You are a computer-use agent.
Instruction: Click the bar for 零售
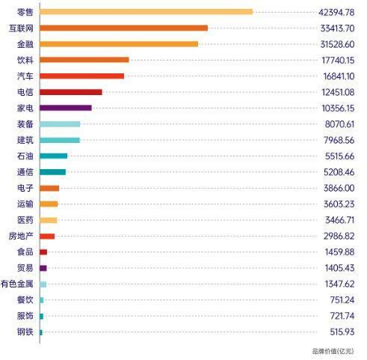(x=147, y=12)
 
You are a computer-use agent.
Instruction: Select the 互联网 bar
(x=124, y=28)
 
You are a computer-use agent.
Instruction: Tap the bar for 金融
(x=119, y=44)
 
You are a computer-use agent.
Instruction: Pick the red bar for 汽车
(x=82, y=76)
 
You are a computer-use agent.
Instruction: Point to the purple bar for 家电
(x=66, y=108)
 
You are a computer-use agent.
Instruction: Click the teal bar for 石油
(x=54, y=156)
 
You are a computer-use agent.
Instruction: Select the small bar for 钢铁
(x=41, y=332)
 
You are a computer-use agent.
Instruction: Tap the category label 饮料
(x=25, y=60)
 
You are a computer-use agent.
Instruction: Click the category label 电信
(x=25, y=92)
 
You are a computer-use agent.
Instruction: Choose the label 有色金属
(x=16, y=284)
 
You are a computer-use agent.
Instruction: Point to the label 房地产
(x=21, y=236)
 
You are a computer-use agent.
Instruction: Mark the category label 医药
(x=25, y=220)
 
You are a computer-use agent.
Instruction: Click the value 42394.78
(x=336, y=12)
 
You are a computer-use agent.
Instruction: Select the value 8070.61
(x=339, y=124)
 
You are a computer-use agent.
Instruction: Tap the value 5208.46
(x=339, y=172)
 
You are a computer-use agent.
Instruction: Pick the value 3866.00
(x=339, y=188)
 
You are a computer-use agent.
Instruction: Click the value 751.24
(x=342, y=300)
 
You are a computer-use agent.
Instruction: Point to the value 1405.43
(x=339, y=268)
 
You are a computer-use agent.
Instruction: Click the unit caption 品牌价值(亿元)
(x=333, y=351)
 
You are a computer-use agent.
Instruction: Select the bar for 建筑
(x=60, y=140)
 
